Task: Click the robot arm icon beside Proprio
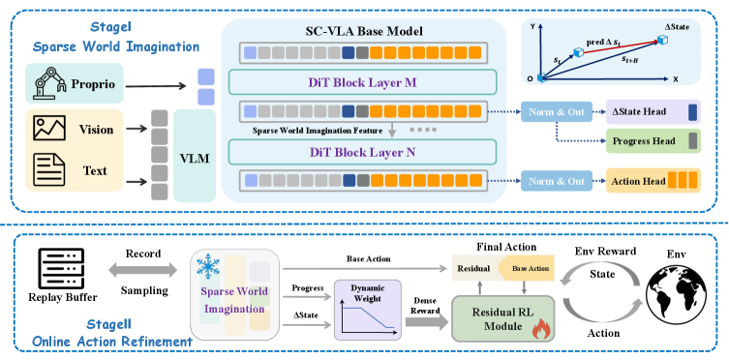click(x=48, y=83)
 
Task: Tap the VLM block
click(x=195, y=156)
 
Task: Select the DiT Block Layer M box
click(x=362, y=82)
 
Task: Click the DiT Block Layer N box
click(x=362, y=152)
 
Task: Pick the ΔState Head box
click(x=653, y=111)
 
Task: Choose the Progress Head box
click(x=653, y=141)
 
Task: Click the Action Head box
click(x=653, y=181)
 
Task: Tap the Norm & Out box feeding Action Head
click(x=557, y=181)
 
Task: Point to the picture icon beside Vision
click(x=48, y=129)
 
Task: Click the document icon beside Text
click(x=48, y=171)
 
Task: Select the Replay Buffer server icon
click(x=62, y=268)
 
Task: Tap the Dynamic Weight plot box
click(x=367, y=310)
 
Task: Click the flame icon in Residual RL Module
click(x=540, y=330)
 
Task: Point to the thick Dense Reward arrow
click(x=426, y=323)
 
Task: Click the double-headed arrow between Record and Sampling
click(x=142, y=269)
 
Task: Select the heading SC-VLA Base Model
click(x=364, y=32)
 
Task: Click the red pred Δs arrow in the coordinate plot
click(x=621, y=46)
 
